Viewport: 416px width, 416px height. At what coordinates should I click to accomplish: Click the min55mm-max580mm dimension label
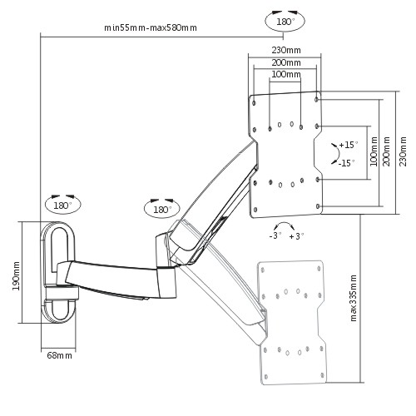tap(151, 27)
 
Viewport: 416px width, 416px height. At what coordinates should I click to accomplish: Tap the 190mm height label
tap(16, 275)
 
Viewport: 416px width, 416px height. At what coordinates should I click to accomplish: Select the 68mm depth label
tap(59, 355)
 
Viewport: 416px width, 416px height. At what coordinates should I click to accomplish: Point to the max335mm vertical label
tap(353, 298)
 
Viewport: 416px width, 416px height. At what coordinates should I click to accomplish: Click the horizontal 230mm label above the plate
tap(286, 50)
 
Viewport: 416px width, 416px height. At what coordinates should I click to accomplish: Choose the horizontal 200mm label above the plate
tap(286, 62)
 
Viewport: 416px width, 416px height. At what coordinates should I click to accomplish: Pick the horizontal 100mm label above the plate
tap(286, 74)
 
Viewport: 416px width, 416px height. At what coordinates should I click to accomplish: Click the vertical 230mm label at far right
tap(403, 151)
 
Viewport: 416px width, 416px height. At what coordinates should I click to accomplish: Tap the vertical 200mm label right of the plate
tap(386, 151)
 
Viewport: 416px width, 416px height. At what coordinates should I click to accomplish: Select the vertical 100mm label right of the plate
tap(374, 151)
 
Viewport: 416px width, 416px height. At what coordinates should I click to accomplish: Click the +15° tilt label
tap(349, 145)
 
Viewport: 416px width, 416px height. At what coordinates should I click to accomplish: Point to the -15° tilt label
tap(347, 163)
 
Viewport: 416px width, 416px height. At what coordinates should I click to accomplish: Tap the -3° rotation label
tap(275, 235)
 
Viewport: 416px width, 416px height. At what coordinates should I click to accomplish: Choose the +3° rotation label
tap(296, 236)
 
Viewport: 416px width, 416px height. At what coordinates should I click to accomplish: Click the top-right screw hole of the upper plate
tap(316, 99)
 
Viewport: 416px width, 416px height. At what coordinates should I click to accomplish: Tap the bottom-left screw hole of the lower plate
tap(266, 377)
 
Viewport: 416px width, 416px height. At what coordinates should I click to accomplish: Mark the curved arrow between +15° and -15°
tap(339, 153)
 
